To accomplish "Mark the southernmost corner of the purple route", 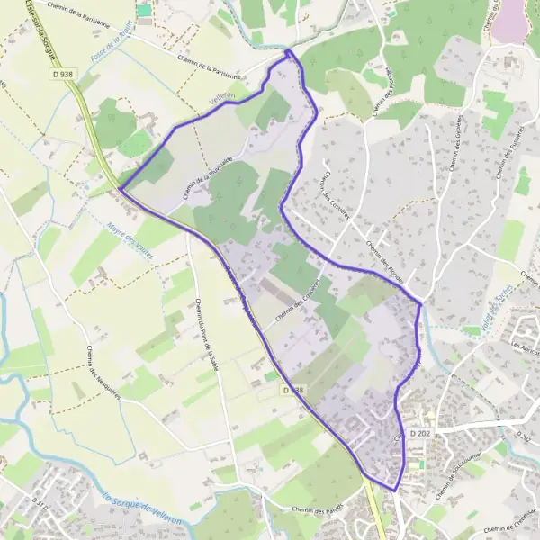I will [394, 490].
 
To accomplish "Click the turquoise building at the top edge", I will [144, 9].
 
